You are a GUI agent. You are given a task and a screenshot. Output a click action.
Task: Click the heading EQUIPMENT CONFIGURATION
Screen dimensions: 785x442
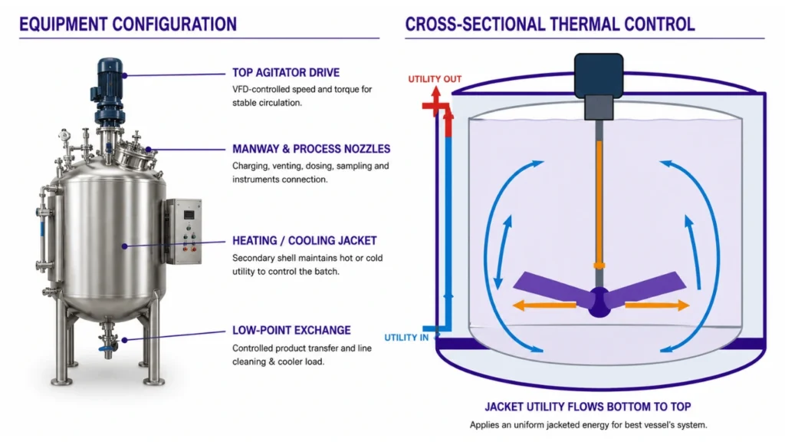128,24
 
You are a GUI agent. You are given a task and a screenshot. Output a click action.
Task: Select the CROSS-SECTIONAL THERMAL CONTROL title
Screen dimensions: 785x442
550,24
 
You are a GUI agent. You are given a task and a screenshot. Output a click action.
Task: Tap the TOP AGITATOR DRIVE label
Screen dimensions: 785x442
286,73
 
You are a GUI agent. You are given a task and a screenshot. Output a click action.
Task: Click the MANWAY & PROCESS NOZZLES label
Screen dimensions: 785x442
311,149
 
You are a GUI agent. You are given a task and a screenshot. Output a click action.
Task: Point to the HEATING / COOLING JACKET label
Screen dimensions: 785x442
304,240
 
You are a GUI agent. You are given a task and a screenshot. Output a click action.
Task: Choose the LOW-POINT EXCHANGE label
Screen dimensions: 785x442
291,330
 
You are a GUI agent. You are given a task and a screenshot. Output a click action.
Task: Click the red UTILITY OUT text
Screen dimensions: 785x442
435,79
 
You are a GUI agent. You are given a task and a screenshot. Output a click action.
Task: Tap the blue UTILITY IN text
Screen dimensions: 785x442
406,338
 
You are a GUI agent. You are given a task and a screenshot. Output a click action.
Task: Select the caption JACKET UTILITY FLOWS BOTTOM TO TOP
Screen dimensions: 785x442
588,407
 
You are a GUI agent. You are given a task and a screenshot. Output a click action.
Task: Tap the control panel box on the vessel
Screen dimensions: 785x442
183,231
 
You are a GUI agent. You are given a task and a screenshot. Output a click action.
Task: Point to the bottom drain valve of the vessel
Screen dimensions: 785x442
107,343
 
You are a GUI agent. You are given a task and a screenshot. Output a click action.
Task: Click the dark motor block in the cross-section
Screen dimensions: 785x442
599,75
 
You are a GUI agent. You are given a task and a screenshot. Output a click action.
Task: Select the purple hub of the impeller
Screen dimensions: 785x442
599,302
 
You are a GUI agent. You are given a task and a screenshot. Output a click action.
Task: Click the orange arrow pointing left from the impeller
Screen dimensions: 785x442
544,305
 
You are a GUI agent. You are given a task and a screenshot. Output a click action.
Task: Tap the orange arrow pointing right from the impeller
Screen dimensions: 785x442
657,305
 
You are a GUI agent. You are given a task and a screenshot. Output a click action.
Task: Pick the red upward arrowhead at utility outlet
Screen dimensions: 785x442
436,92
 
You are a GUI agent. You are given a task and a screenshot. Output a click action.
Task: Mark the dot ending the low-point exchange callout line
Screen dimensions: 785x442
125,340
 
